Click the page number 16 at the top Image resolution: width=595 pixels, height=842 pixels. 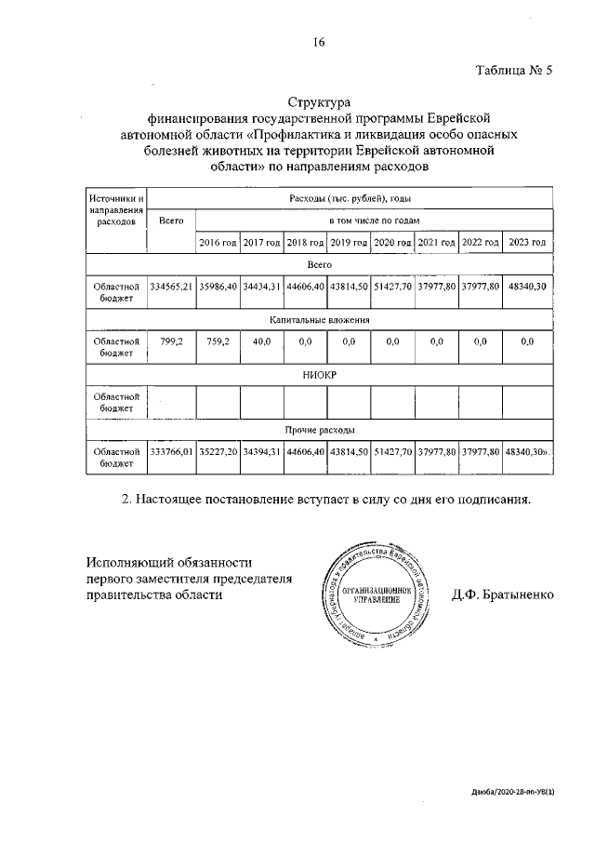(319, 42)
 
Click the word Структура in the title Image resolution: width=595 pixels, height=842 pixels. (319, 102)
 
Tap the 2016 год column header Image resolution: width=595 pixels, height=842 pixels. (218, 243)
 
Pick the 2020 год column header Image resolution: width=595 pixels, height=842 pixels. (392, 243)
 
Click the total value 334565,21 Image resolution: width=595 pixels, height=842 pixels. (171, 287)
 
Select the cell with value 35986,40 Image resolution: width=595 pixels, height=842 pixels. (218, 287)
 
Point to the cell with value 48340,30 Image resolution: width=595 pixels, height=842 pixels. (527, 287)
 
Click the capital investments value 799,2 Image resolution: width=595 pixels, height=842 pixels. (171, 341)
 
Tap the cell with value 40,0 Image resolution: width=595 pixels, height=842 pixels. (261, 341)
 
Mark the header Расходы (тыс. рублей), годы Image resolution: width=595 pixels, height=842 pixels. (349, 199)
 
